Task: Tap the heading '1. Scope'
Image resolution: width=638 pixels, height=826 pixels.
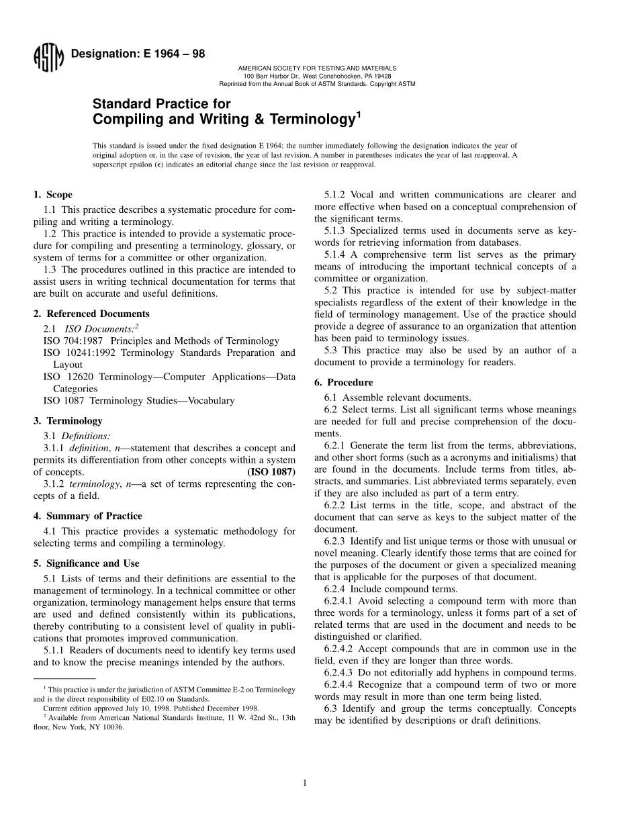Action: [53, 195]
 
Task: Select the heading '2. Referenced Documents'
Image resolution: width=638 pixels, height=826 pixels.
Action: [91, 314]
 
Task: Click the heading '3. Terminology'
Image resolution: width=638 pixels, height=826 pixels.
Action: [68, 420]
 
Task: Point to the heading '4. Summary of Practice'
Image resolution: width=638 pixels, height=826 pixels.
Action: [87, 516]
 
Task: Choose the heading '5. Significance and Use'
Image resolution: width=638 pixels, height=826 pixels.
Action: [87, 563]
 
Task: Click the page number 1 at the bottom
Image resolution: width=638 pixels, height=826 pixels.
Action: [305, 782]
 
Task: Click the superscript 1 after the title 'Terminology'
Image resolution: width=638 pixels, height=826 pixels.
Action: [359, 115]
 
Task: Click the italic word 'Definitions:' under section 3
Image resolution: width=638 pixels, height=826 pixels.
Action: [86, 436]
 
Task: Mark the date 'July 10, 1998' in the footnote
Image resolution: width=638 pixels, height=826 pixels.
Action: [135, 708]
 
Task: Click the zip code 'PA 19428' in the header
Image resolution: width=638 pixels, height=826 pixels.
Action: [377, 76]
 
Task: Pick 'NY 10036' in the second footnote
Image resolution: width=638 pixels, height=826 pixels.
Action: [110, 727]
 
